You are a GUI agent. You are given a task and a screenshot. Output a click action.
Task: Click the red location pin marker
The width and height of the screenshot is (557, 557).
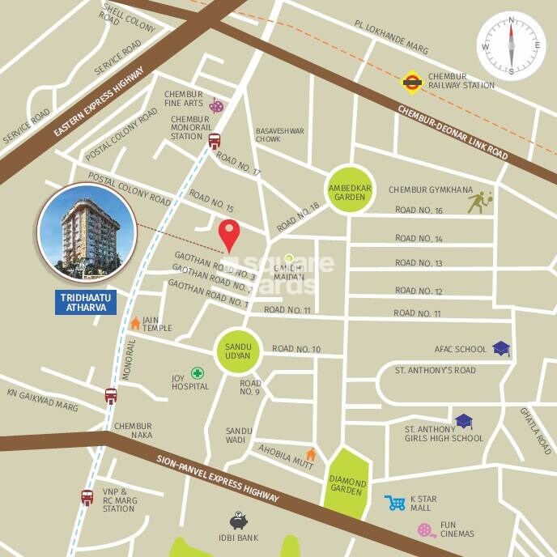pyautogui.click(x=231, y=235)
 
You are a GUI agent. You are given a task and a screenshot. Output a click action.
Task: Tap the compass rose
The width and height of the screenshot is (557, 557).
pyautogui.click(x=511, y=45)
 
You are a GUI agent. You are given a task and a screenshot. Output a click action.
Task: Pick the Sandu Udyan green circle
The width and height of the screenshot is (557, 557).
pyautogui.click(x=237, y=351)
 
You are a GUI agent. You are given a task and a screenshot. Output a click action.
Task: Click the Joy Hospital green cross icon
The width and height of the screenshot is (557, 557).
pyautogui.click(x=197, y=374)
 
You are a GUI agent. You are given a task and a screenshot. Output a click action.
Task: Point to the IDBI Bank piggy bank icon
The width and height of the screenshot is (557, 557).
pyautogui.click(x=238, y=521)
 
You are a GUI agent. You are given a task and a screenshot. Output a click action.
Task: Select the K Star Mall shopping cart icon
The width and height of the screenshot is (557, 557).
pyautogui.click(x=395, y=504)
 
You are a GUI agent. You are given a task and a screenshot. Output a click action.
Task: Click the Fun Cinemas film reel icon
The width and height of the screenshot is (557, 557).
pyautogui.click(x=427, y=530)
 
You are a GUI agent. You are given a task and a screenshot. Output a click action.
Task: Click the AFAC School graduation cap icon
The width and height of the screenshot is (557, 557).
pyautogui.click(x=501, y=349)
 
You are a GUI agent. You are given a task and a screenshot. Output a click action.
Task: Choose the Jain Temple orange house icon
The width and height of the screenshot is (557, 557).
pyautogui.click(x=135, y=323)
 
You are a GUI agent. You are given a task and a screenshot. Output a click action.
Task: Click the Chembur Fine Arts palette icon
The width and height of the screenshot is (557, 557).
pyautogui.click(x=215, y=104)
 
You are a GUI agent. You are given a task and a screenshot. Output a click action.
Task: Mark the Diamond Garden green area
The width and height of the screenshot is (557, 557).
pyautogui.click(x=348, y=480)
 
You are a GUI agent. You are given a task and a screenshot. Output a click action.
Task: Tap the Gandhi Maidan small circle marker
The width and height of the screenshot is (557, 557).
pyautogui.click(x=288, y=258)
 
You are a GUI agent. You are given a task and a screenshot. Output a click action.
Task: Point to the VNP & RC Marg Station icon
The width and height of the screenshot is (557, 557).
pyautogui.click(x=87, y=497)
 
